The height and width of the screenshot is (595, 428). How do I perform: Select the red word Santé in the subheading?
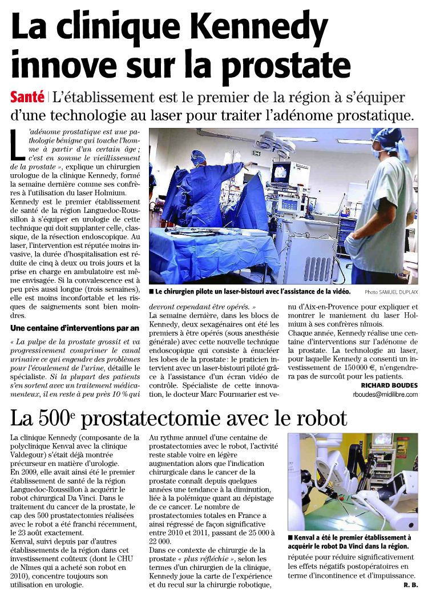(x=27, y=97)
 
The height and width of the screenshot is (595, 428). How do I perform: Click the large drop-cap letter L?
(x=18, y=145)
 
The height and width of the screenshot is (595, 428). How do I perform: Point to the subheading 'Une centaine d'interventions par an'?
(x=75, y=328)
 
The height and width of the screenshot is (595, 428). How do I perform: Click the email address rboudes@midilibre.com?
(x=385, y=394)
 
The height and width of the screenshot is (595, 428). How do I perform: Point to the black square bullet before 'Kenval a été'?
(x=290, y=538)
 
